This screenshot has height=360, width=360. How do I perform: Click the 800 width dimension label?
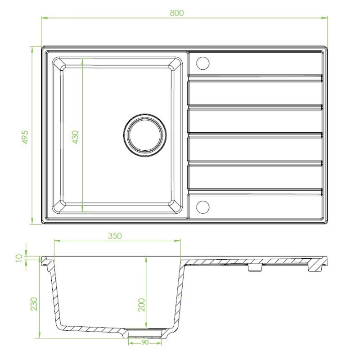pos(177,13)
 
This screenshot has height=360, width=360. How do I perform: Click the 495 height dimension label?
pos(25,137)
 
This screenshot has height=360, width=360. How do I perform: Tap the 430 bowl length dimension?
pos(75,137)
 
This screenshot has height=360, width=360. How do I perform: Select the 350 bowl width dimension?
pos(115,236)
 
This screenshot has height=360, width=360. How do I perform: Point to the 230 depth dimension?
pos(34,304)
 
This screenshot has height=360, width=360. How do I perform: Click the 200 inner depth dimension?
pos(142,305)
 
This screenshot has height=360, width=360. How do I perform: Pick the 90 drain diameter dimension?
pos(145,342)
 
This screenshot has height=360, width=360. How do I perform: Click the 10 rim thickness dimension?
pos(20,258)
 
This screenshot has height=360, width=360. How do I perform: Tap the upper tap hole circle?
pos(203,63)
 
